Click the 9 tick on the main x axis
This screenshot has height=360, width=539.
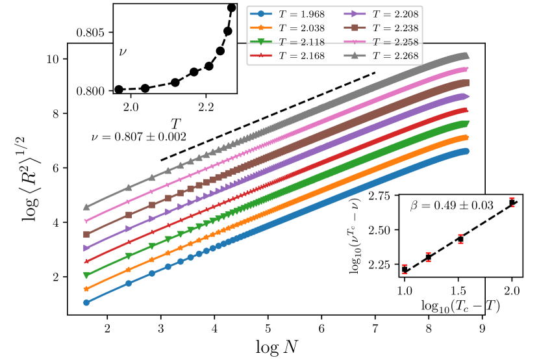pos(482,329)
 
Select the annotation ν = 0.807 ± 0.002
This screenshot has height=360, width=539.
pos(139,137)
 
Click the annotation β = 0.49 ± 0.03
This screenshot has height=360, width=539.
pos(452,205)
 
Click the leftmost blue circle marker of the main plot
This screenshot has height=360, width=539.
pos(86,302)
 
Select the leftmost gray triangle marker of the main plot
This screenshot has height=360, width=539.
pos(86,207)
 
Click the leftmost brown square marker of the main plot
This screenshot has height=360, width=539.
pos(86,235)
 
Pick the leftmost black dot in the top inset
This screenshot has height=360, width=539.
pos(119,89)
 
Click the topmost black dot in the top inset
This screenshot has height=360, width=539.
pos(232,8)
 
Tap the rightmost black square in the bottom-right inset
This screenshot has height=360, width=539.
pos(512,203)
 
